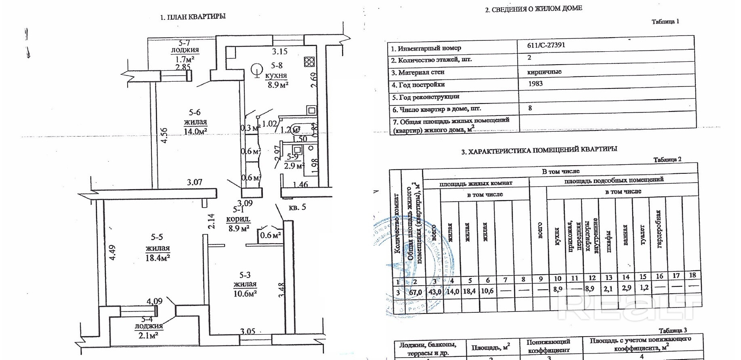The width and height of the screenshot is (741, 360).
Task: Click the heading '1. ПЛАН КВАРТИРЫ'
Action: coord(193,17)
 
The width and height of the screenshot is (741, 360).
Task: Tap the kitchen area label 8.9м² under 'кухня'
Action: coord(278,85)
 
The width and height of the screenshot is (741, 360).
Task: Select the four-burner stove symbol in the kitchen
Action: coord(309,61)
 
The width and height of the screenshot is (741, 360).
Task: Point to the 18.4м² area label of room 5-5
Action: coord(157,258)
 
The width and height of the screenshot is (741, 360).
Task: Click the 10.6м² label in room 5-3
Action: coord(245,294)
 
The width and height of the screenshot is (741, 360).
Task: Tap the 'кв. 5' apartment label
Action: coord(297,207)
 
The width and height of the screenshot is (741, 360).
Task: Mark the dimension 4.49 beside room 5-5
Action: coord(113,253)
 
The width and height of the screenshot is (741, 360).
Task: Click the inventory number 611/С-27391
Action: coord(546,45)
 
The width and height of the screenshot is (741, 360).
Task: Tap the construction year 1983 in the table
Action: coord(535,84)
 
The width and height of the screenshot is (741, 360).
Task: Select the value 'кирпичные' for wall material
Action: coord(544,72)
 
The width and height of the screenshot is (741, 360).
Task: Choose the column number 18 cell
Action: coord(693,275)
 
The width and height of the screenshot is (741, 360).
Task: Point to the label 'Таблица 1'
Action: coord(665,22)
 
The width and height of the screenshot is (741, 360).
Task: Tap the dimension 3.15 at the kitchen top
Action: coord(279,51)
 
